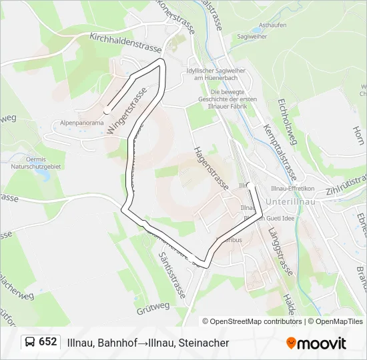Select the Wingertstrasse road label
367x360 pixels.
126,111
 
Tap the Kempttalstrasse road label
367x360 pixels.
280,146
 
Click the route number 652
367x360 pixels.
47,341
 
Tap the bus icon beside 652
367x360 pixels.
30,342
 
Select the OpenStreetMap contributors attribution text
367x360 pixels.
252,321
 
